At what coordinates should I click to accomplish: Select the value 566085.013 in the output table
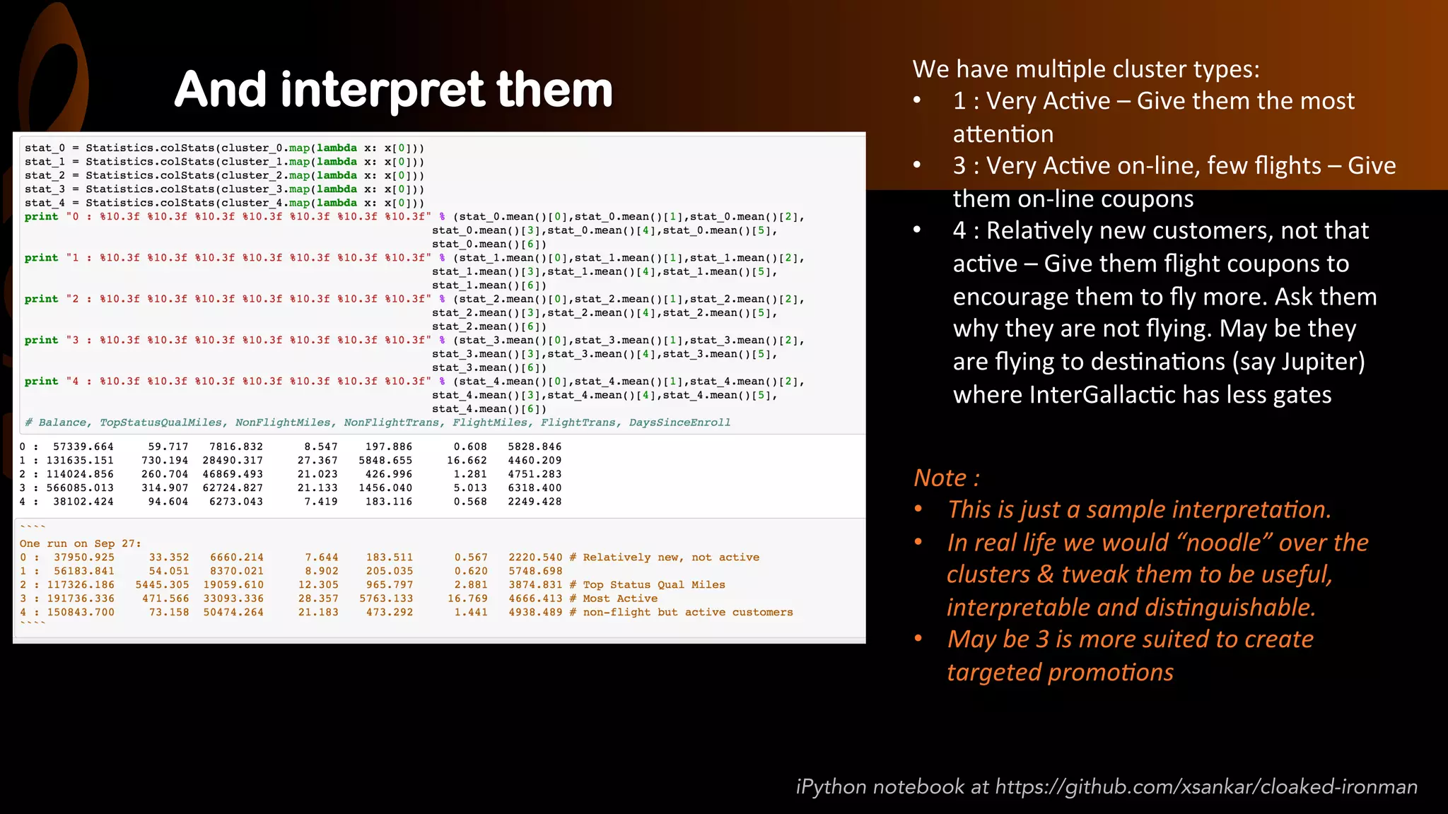point(80,488)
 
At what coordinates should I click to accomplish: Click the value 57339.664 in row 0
point(83,447)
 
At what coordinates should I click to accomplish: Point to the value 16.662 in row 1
point(467,460)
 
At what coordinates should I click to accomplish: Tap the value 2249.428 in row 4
point(535,502)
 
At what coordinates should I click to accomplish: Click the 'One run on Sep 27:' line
point(80,543)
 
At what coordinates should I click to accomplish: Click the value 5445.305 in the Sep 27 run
point(163,584)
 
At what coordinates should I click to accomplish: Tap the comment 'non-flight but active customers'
point(687,612)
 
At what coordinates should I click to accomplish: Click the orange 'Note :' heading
point(946,478)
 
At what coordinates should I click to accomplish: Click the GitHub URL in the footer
point(1206,786)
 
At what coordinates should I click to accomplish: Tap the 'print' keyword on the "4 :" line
point(41,382)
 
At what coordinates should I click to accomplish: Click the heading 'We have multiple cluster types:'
point(1085,69)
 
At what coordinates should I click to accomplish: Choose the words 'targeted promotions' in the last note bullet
point(1060,672)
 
